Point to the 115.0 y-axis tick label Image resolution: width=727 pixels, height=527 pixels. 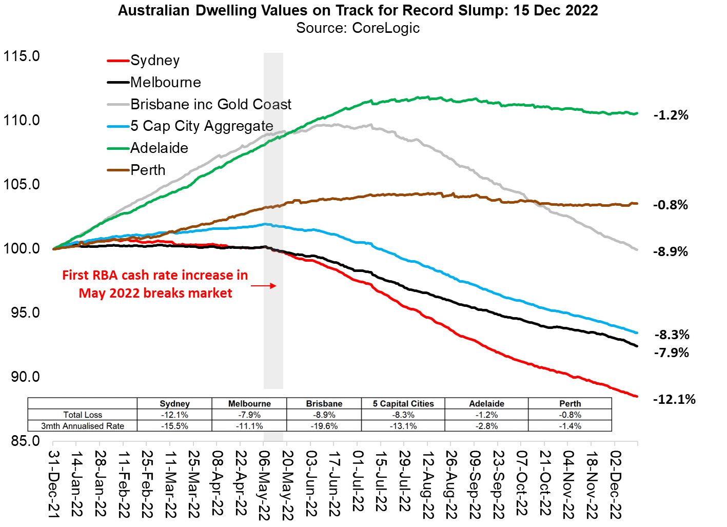click(x=22, y=56)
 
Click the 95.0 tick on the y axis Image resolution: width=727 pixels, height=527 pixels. click(x=25, y=313)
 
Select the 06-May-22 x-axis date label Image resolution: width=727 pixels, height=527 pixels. click(x=264, y=485)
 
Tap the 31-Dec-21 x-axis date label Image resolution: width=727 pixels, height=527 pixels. click(x=54, y=484)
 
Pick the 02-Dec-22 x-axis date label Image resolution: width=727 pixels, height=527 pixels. click(x=615, y=485)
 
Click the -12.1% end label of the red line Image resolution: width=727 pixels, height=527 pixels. click(x=674, y=399)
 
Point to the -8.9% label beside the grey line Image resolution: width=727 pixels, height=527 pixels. click(x=670, y=251)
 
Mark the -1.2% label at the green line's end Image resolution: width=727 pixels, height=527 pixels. click(x=671, y=115)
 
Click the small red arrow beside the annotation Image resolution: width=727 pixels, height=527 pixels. click(x=264, y=286)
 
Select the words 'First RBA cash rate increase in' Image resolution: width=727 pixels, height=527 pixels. click(x=155, y=276)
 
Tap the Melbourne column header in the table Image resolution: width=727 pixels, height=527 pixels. click(x=249, y=403)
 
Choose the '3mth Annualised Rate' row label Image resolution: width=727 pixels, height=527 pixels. click(x=83, y=426)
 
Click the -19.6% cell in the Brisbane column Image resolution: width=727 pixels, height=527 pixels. click(x=324, y=426)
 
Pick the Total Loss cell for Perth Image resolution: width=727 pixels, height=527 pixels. click(x=570, y=415)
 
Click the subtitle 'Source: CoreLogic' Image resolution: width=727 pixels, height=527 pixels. click(x=358, y=28)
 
